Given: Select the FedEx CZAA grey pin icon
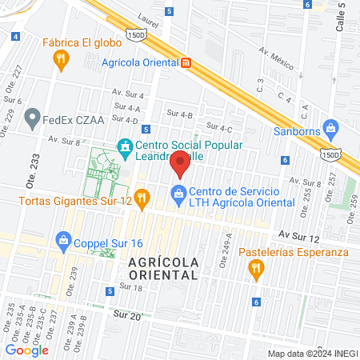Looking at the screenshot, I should (x=33, y=120).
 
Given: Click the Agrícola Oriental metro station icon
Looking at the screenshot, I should (x=186, y=62).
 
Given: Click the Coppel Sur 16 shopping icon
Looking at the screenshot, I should (x=62, y=239).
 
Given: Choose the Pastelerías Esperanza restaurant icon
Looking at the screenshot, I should (x=256, y=270).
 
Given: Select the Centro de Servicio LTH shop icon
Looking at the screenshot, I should (x=178, y=193).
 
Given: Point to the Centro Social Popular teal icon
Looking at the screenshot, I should (x=125, y=146).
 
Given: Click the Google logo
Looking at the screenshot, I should (x=26, y=349).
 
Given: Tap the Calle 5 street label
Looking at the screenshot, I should (x=342, y=16).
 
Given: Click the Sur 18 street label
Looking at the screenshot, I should (x=130, y=286).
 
